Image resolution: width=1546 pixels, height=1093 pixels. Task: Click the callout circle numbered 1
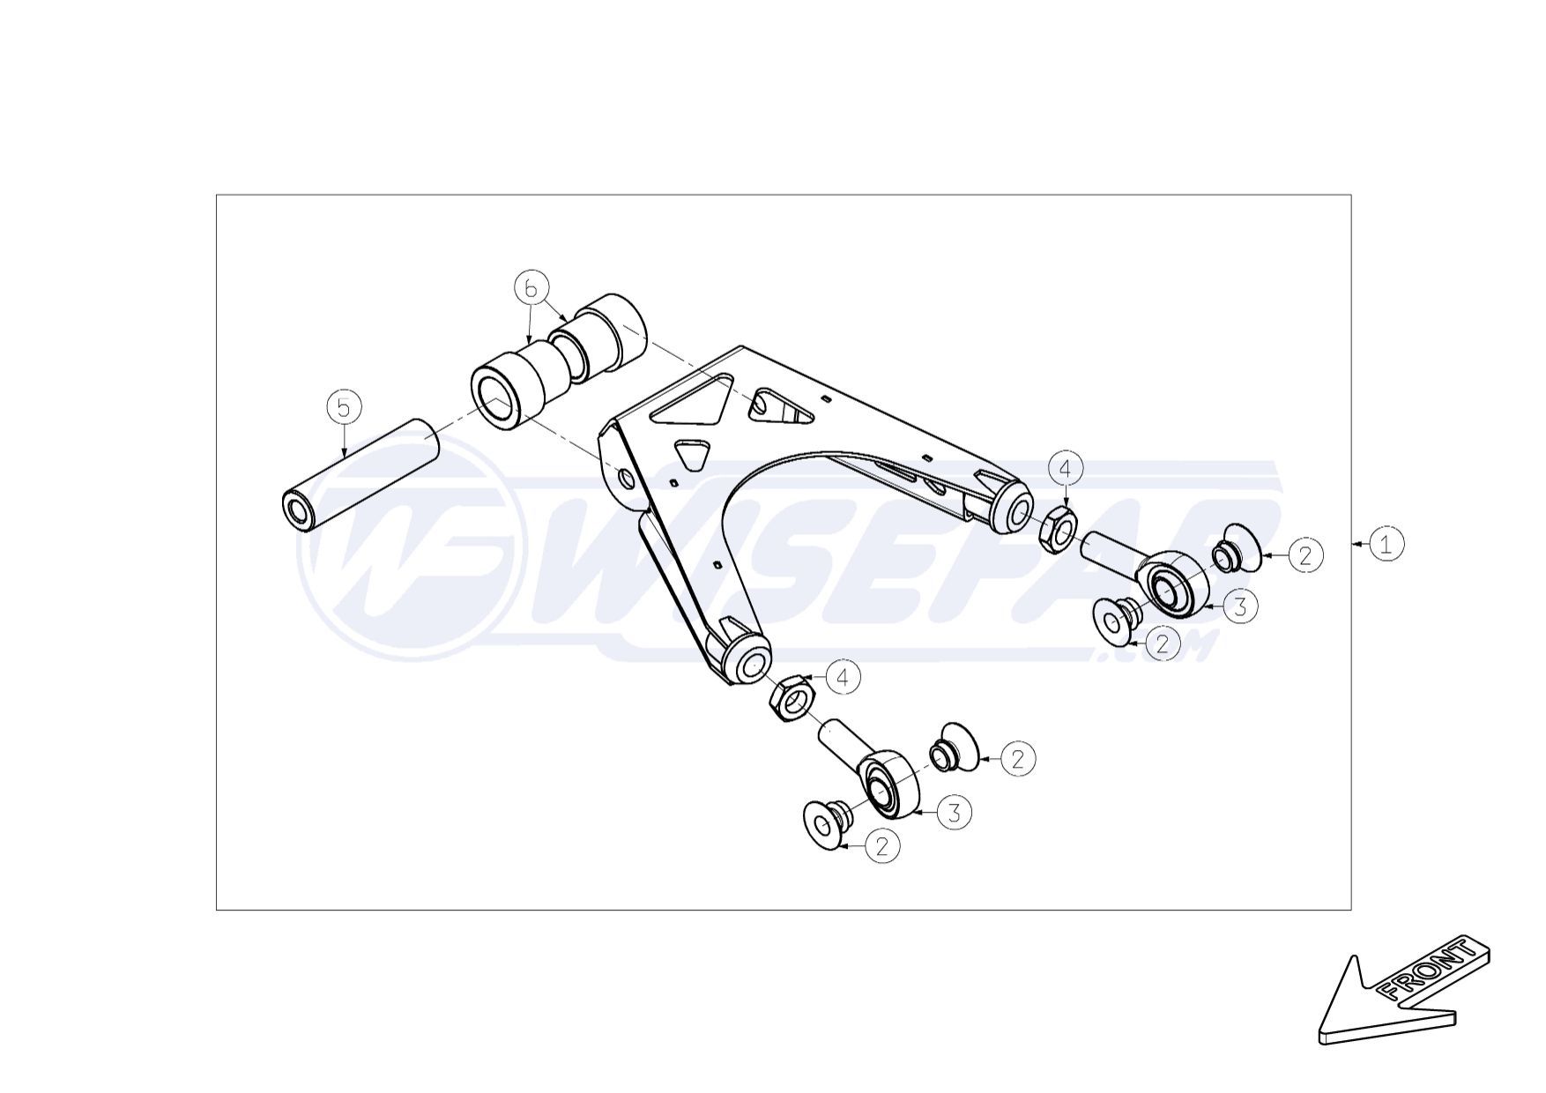(1386, 544)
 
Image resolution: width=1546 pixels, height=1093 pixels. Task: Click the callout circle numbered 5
(344, 407)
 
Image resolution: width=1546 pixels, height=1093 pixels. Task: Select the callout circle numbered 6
(531, 288)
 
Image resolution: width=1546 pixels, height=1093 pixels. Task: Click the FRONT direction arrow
(1401, 996)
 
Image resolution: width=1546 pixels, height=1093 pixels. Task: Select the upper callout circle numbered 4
(1065, 469)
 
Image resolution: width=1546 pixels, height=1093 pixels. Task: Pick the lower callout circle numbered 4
(844, 678)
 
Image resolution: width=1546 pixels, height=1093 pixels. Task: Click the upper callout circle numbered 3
(1240, 606)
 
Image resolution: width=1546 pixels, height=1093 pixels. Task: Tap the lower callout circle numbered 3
(955, 812)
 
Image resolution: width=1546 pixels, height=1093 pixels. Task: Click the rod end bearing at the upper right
(1168, 581)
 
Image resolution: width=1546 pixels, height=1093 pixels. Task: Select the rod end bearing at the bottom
(886, 782)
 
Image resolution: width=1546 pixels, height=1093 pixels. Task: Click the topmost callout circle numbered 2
(1305, 554)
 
